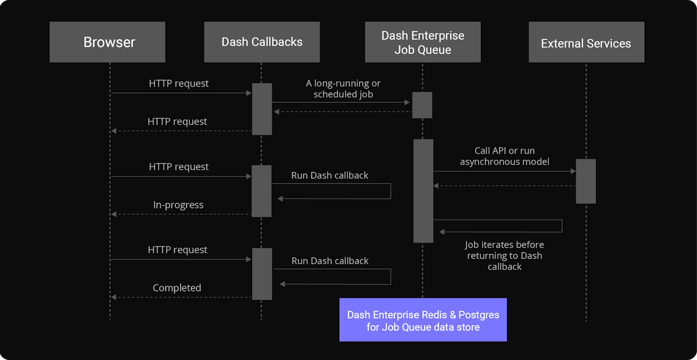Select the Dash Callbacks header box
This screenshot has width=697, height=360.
coord(262,42)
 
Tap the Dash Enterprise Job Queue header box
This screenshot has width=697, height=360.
coord(422,42)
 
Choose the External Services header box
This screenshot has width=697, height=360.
coord(585,42)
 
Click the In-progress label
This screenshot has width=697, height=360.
coord(178,204)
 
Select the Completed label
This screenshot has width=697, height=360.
coord(177,287)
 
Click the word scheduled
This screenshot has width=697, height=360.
coord(333,93)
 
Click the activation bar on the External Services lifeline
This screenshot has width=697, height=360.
coord(585,181)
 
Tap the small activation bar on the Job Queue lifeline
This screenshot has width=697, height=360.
coord(422,105)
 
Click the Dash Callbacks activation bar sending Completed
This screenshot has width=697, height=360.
coord(262,273)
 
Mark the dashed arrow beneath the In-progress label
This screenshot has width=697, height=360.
coord(180,214)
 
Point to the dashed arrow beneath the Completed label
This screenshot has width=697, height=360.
coord(180,297)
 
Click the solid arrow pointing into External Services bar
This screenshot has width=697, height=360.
coord(504,171)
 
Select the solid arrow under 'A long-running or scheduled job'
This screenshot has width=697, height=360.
coord(342,103)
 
